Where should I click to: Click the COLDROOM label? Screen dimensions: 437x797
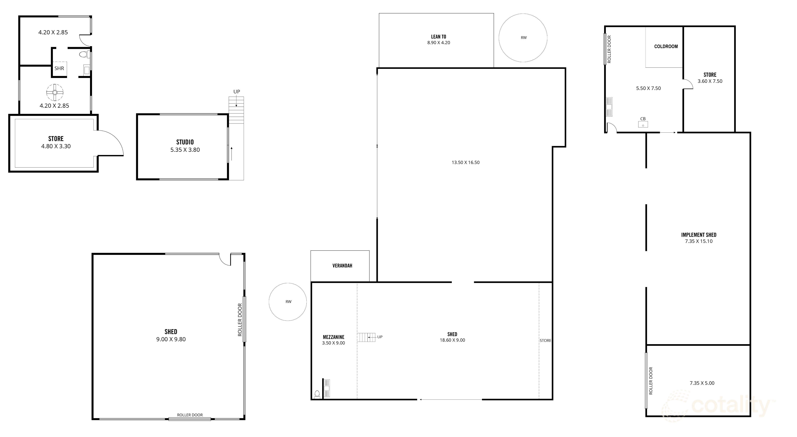coord(666,46)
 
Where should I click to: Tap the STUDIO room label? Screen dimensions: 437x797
coord(185,142)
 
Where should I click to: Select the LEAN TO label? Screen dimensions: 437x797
coord(438,37)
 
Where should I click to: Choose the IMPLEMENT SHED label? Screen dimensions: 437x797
coord(699,235)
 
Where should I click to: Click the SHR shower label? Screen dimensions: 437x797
coord(59,68)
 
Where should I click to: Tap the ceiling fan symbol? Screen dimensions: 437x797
coord(55,92)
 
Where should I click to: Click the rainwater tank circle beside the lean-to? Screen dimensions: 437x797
coord(523,38)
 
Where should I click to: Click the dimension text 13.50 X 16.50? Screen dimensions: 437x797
coord(465,162)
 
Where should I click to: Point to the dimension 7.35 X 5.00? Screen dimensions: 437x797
coord(702,383)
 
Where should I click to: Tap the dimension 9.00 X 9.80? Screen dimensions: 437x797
coord(171,339)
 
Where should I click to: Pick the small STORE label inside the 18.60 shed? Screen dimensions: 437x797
coord(545,341)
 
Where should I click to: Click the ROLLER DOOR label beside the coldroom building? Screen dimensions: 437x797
coord(609,49)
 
